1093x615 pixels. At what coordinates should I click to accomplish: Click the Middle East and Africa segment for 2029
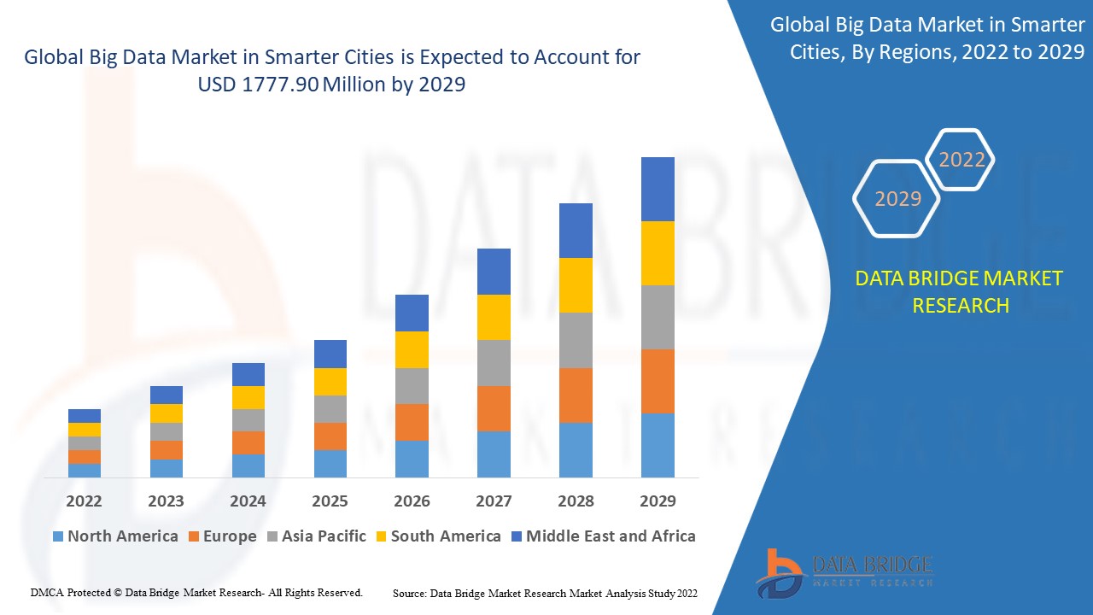658,189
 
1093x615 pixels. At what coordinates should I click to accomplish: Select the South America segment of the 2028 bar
576,285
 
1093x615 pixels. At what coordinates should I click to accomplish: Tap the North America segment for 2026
412,459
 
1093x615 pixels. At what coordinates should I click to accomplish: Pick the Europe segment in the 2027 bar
494,408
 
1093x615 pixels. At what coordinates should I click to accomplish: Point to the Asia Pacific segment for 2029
658,317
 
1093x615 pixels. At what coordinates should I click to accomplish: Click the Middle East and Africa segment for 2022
85,416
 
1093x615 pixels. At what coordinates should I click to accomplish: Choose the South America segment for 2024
248,397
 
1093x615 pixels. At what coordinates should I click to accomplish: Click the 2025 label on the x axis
330,501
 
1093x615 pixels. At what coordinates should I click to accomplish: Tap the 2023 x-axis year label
166,501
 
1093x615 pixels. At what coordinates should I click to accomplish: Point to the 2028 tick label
576,501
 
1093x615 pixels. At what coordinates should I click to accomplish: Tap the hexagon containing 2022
961,160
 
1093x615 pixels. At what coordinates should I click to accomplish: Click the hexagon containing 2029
897,199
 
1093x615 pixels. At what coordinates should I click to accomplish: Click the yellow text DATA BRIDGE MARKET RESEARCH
960,291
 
